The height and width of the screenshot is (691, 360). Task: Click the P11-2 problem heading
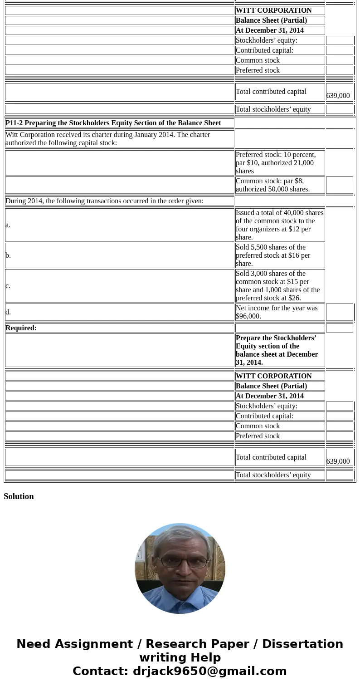113,123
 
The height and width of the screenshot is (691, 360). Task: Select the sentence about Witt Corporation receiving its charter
108,139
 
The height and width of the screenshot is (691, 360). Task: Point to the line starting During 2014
105,201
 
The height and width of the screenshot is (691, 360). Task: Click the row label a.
8,225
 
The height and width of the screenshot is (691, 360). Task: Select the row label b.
8,255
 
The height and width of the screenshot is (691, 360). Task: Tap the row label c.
8,286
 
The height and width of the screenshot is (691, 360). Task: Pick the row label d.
8,312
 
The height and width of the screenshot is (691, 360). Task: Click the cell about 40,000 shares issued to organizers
279,225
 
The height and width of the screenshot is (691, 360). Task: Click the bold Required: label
21,328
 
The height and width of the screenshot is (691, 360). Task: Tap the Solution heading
19,496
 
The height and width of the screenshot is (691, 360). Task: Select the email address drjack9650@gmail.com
209,671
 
